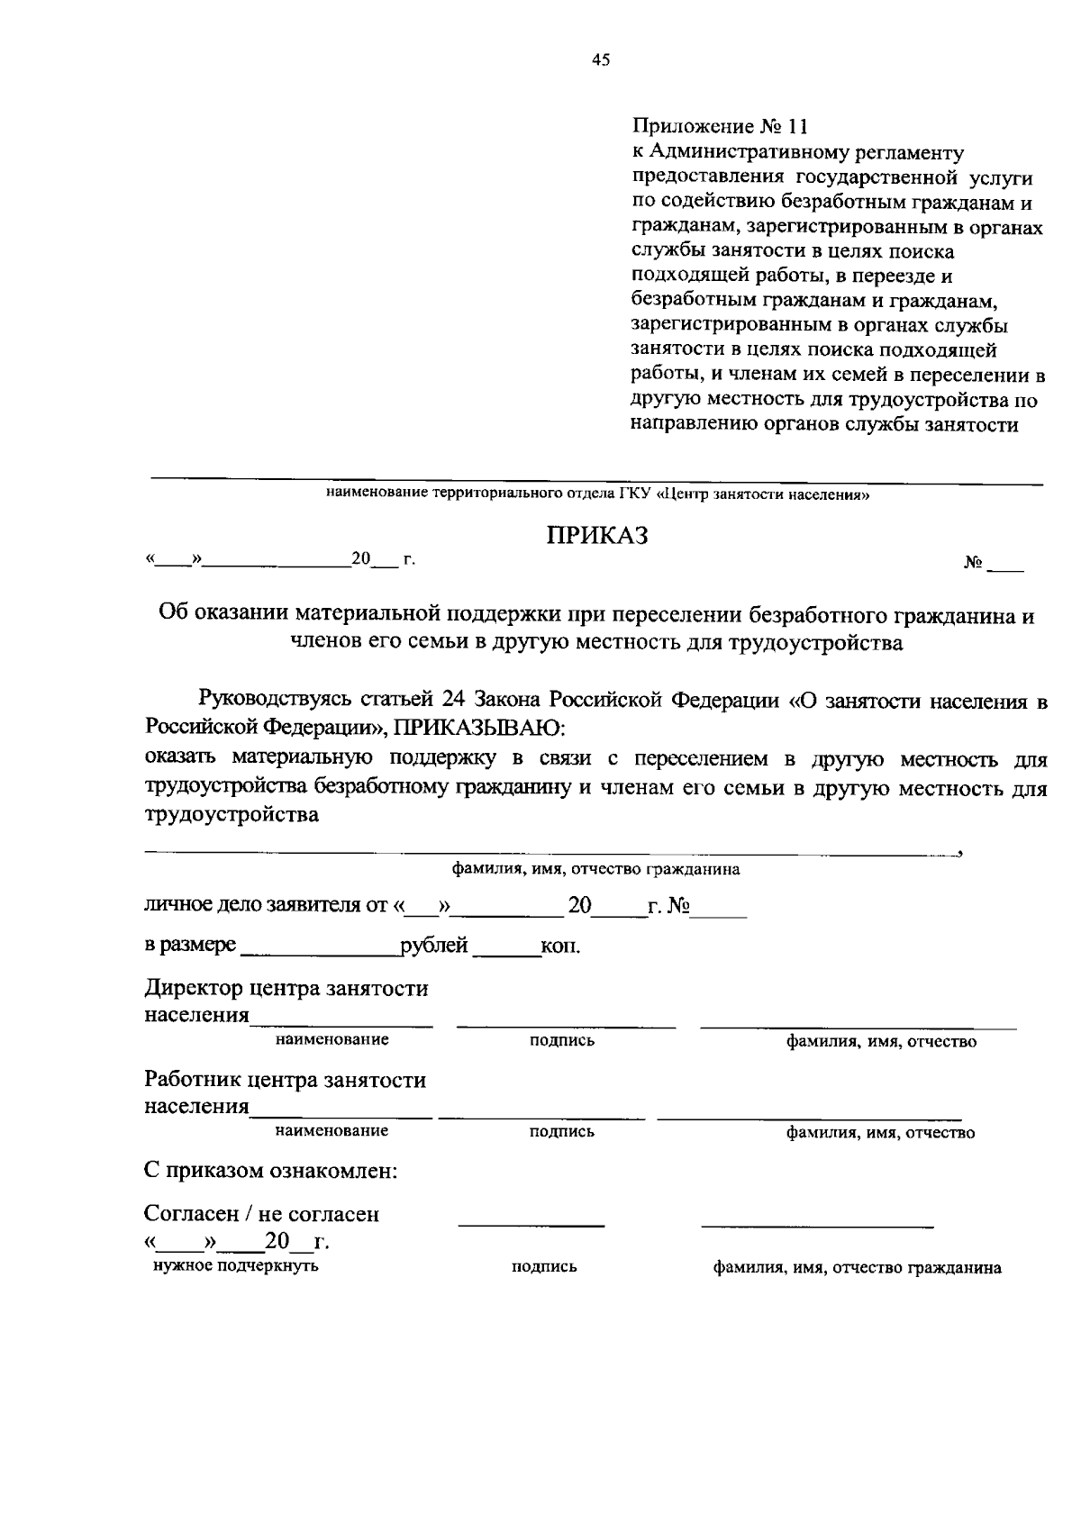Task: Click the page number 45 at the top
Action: [x=601, y=60]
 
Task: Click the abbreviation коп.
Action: [x=559, y=947]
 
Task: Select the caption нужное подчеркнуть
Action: [x=236, y=1265]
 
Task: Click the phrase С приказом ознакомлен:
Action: [x=271, y=1171]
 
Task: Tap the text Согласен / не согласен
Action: [x=262, y=1214]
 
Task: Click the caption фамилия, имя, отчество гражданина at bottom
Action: [x=857, y=1267]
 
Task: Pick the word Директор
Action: [x=193, y=989]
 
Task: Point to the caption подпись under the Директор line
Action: [x=562, y=1040]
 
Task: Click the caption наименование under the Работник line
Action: [x=332, y=1130]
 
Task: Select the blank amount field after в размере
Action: [x=320, y=947]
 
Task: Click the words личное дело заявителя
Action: [x=256, y=905]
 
